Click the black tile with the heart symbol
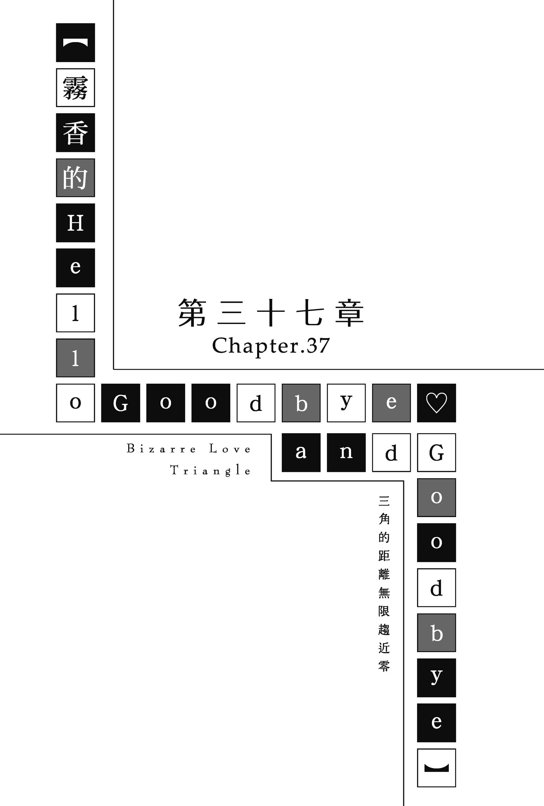pyautogui.click(x=436, y=403)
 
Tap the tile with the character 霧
pyautogui.click(x=75, y=88)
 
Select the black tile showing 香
pyautogui.click(x=75, y=133)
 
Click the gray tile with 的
pyautogui.click(x=75, y=178)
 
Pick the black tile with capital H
pyautogui.click(x=75, y=223)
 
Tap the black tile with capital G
pyautogui.click(x=121, y=403)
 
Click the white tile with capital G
pyautogui.click(x=436, y=453)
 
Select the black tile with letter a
pyautogui.click(x=301, y=453)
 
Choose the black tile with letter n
pyautogui.click(x=346, y=453)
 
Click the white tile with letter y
pyautogui.click(x=346, y=403)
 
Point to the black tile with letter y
pyautogui.click(x=436, y=678)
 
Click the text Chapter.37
pyautogui.click(x=271, y=346)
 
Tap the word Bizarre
pyautogui.click(x=161, y=449)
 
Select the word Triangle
pyautogui.click(x=210, y=470)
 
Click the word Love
pyautogui.click(x=230, y=449)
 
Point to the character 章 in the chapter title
pyautogui.click(x=350, y=313)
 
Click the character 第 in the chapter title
pyautogui.click(x=193, y=313)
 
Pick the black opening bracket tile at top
pyautogui.click(x=75, y=43)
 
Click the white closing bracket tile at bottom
pyautogui.click(x=436, y=768)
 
